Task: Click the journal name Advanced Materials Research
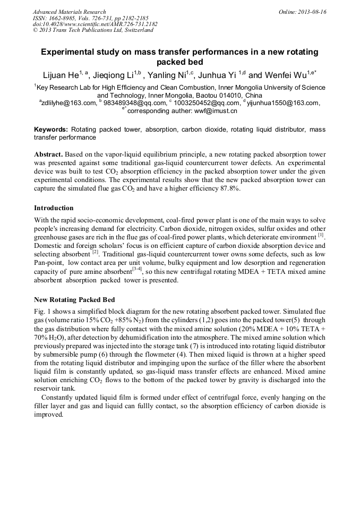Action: tap(69, 12)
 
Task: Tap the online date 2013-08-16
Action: tap(312, 12)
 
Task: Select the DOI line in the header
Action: tap(95, 24)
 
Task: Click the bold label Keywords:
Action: tap(51, 130)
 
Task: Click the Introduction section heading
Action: tap(54, 208)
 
